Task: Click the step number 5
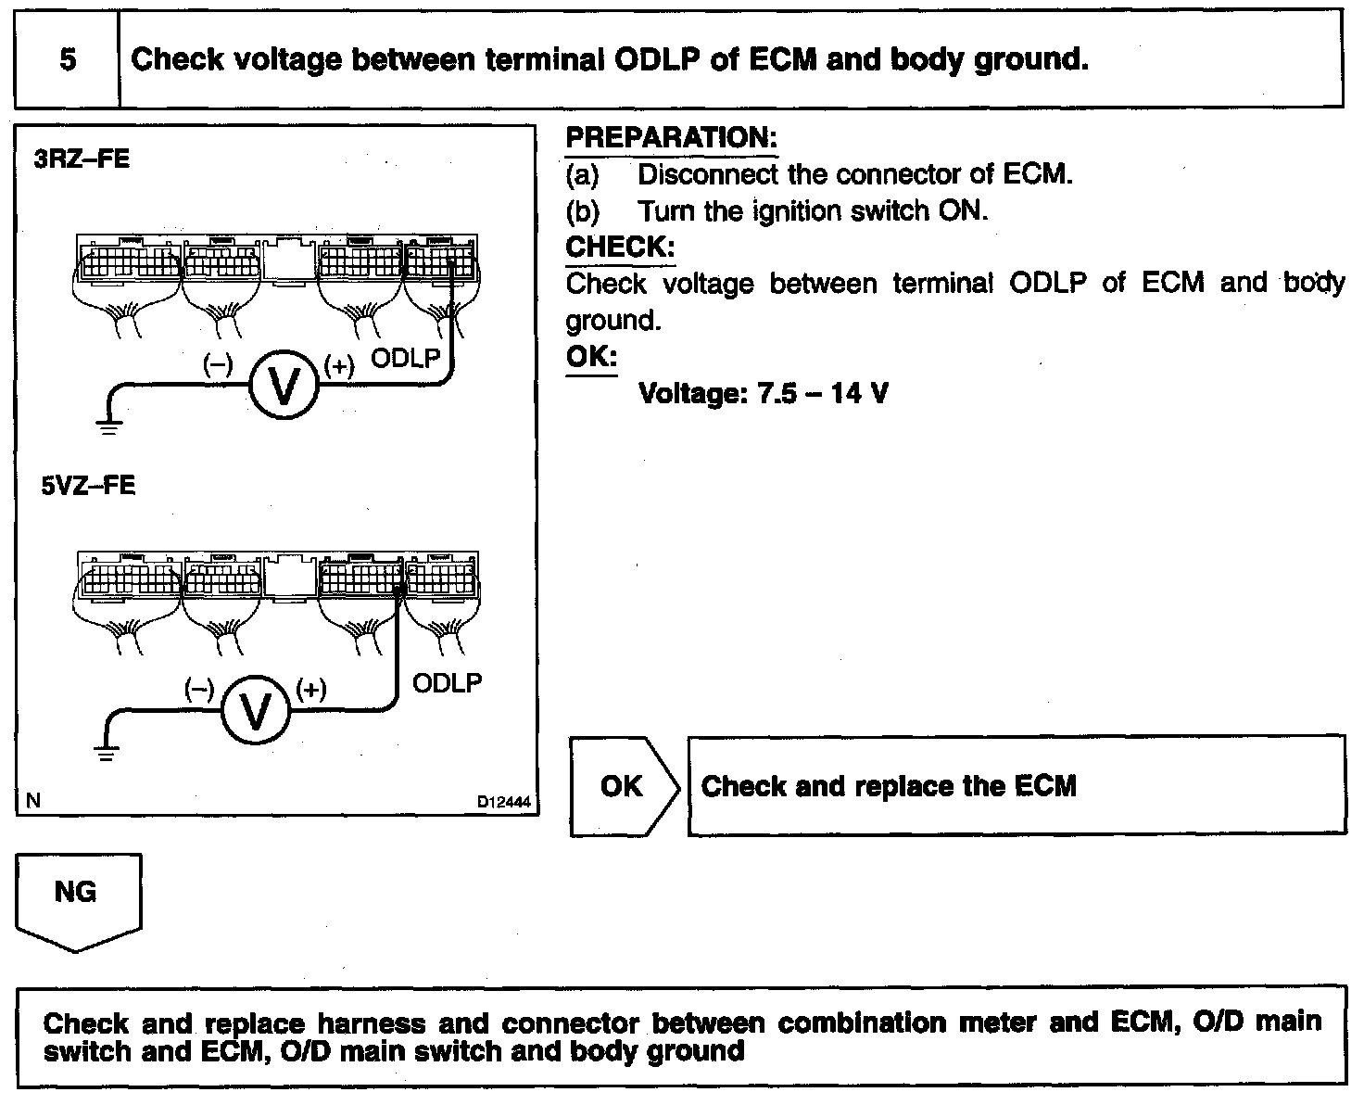(68, 60)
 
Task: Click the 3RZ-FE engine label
(82, 159)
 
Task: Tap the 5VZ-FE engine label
(88, 485)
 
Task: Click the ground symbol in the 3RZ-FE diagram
(108, 425)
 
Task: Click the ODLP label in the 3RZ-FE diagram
(405, 359)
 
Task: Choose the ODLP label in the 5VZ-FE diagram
(448, 683)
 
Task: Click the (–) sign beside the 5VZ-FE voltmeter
(199, 689)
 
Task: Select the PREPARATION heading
(671, 138)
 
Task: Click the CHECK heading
(620, 248)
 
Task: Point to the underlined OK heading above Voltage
(590, 357)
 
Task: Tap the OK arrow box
(623, 786)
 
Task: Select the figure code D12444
(504, 803)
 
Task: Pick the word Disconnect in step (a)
(708, 174)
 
